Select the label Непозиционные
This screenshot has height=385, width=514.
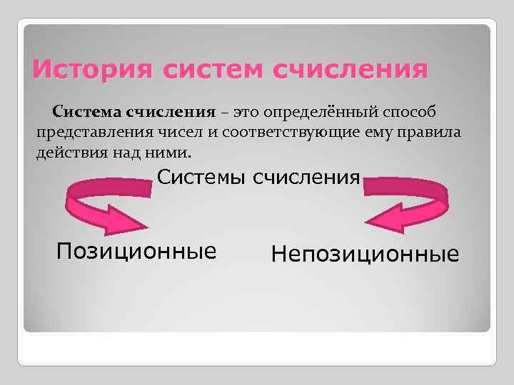tap(365, 253)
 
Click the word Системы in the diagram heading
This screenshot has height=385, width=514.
tap(202, 177)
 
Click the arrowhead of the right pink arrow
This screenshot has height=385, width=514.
tap(385, 217)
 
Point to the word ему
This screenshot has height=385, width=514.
tap(402, 133)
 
